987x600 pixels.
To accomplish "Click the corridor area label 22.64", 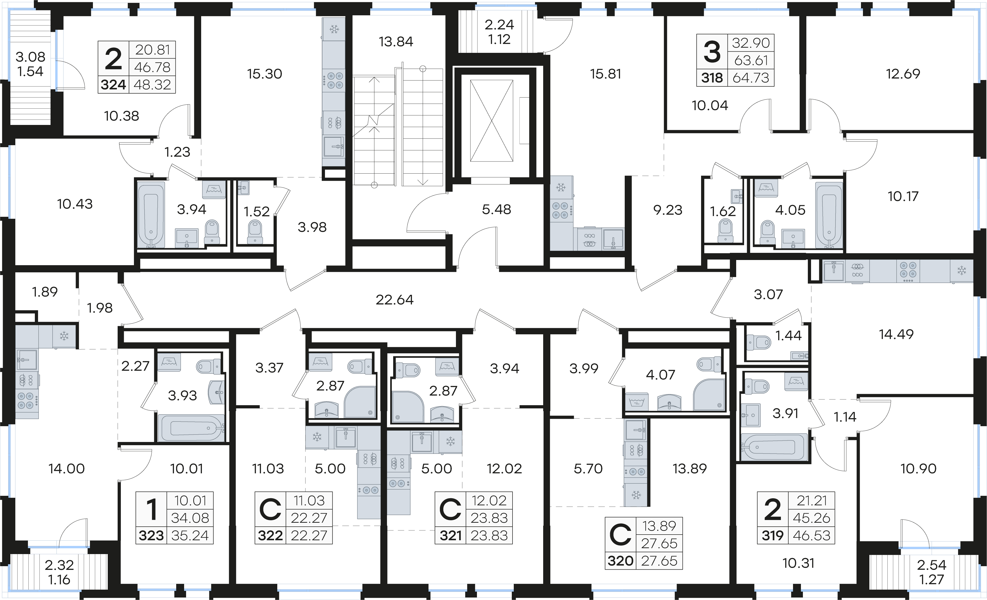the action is click(395, 300).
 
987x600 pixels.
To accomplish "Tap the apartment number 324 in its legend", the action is click(113, 84).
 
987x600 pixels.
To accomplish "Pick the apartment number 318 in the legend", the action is click(712, 78).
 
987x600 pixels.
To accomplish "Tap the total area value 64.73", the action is click(751, 78).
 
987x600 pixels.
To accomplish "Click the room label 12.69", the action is click(903, 73).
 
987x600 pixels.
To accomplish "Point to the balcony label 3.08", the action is click(30, 57).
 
